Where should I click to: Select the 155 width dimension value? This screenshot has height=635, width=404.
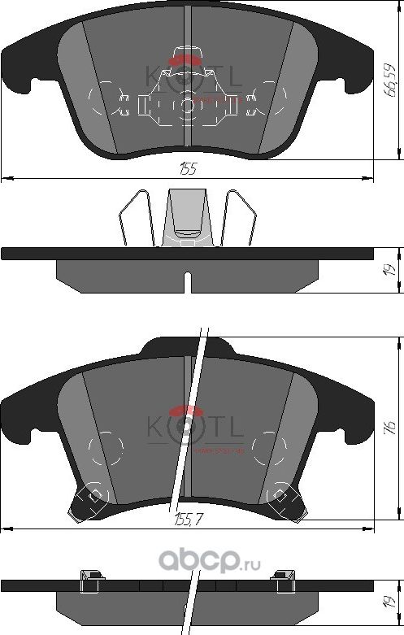point(188,168)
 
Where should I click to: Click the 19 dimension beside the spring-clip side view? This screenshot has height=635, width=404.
point(390,269)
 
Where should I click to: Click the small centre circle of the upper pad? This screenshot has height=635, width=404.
point(188,104)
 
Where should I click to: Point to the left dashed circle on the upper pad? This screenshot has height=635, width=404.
point(102,102)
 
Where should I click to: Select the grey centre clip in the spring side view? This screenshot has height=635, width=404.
point(187,218)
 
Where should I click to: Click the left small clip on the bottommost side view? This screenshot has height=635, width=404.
point(90,577)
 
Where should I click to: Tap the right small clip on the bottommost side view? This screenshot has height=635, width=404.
point(286,577)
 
